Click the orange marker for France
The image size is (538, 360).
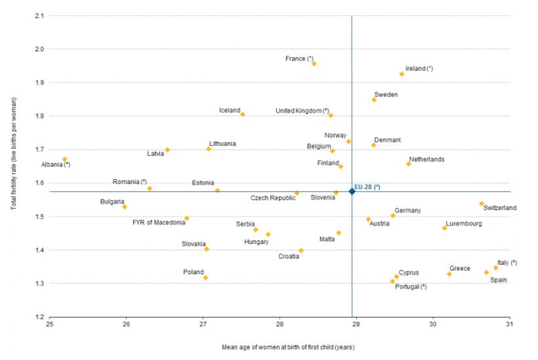pos(314,64)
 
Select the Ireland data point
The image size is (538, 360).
pos(402,74)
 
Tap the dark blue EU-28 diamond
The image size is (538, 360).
pos(352,191)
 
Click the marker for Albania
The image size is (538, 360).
pos(64,159)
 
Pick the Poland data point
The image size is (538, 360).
pos(205,277)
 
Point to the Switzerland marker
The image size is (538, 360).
pos(481,204)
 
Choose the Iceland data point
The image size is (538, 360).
pos(243,114)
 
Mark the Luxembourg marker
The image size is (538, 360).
pos(444,228)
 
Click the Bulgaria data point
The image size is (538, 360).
pos(125,207)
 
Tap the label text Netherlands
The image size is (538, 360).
pos(426,159)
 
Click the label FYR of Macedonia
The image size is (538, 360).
pos(159,222)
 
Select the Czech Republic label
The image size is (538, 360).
pos(273,197)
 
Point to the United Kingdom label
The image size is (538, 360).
pos(302,111)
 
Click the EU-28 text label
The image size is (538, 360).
pos(367,188)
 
